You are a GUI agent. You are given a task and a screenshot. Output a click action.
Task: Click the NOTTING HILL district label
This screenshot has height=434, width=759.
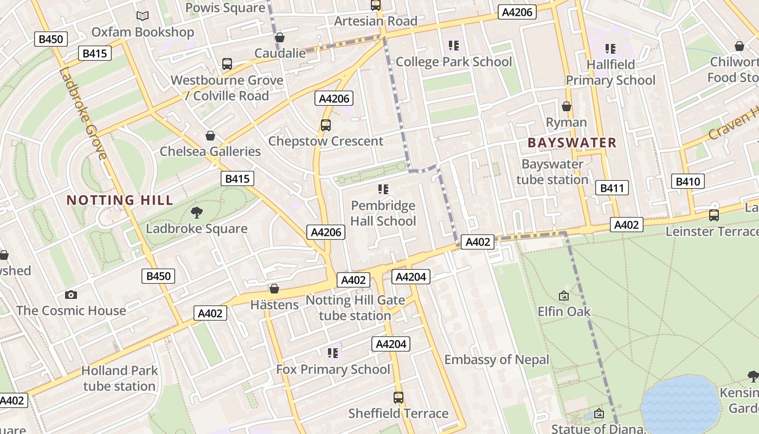coord(120,200)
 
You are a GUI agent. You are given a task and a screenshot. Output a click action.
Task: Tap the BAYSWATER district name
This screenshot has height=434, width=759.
coord(572,143)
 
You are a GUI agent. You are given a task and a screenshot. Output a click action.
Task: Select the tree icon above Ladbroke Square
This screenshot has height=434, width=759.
coord(197,213)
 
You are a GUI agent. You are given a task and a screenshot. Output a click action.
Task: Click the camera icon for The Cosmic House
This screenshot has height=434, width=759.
coord(70,295)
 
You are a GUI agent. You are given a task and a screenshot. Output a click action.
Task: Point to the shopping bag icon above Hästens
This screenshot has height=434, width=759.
coord(274,289)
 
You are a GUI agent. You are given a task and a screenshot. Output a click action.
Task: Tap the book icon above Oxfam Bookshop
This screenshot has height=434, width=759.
coord(143,16)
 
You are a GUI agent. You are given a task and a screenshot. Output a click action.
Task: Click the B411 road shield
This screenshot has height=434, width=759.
coord(612,188)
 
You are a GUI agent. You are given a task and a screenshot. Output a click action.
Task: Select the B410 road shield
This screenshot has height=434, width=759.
coord(687,181)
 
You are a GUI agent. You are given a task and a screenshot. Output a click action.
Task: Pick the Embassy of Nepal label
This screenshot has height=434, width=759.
coord(497,360)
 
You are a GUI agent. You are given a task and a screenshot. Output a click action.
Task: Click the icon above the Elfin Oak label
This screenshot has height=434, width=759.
coord(564,296)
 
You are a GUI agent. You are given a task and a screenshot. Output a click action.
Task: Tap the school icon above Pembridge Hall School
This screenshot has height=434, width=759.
coord(383,189)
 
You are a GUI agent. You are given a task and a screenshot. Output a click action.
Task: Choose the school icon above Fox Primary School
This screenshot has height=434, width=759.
coord(333,353)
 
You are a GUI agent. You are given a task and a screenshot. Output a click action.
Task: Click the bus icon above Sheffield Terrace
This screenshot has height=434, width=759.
coord(398,397)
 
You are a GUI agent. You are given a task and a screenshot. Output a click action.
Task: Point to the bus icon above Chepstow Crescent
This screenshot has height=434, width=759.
coord(325,125)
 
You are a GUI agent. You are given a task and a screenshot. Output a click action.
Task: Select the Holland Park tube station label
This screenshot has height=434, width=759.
coord(119,378)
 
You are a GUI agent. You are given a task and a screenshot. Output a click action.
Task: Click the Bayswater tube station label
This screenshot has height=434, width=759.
coord(552,171)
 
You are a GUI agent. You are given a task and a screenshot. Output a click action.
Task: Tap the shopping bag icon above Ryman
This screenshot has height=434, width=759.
coord(567,106)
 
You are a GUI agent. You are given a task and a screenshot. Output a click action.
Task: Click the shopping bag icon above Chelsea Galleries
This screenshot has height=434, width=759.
coord(210,136)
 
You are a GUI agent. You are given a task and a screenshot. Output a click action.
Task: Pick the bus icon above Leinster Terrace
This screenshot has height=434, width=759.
coord(714,215)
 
